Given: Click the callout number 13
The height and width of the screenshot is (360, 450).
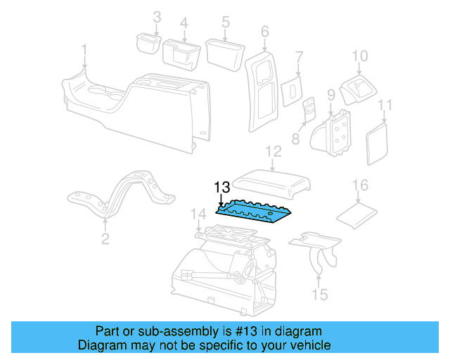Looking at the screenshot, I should point(221,188).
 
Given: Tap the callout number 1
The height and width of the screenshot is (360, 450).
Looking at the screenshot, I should point(84,51).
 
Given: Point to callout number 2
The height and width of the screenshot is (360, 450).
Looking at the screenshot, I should point(105,240).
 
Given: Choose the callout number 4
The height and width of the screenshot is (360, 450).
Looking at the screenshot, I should point(184,22).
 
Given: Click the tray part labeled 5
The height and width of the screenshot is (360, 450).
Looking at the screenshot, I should point(223,51).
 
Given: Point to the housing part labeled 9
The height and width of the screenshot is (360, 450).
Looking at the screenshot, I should point(335,134).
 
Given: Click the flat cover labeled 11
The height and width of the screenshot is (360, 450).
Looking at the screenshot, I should point(378,141).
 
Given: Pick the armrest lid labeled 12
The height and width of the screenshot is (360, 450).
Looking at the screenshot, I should point(273,181).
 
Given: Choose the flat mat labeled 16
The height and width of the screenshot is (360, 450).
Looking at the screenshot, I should point(357,212).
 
